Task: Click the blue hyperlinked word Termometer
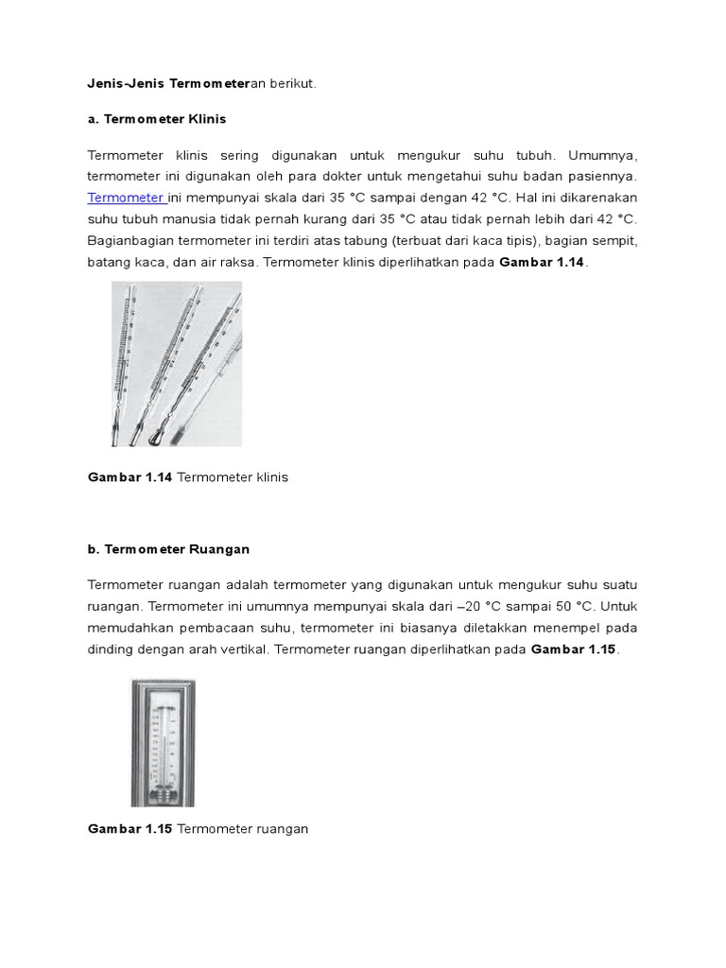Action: [125, 197]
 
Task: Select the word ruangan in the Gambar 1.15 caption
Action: [282, 829]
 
